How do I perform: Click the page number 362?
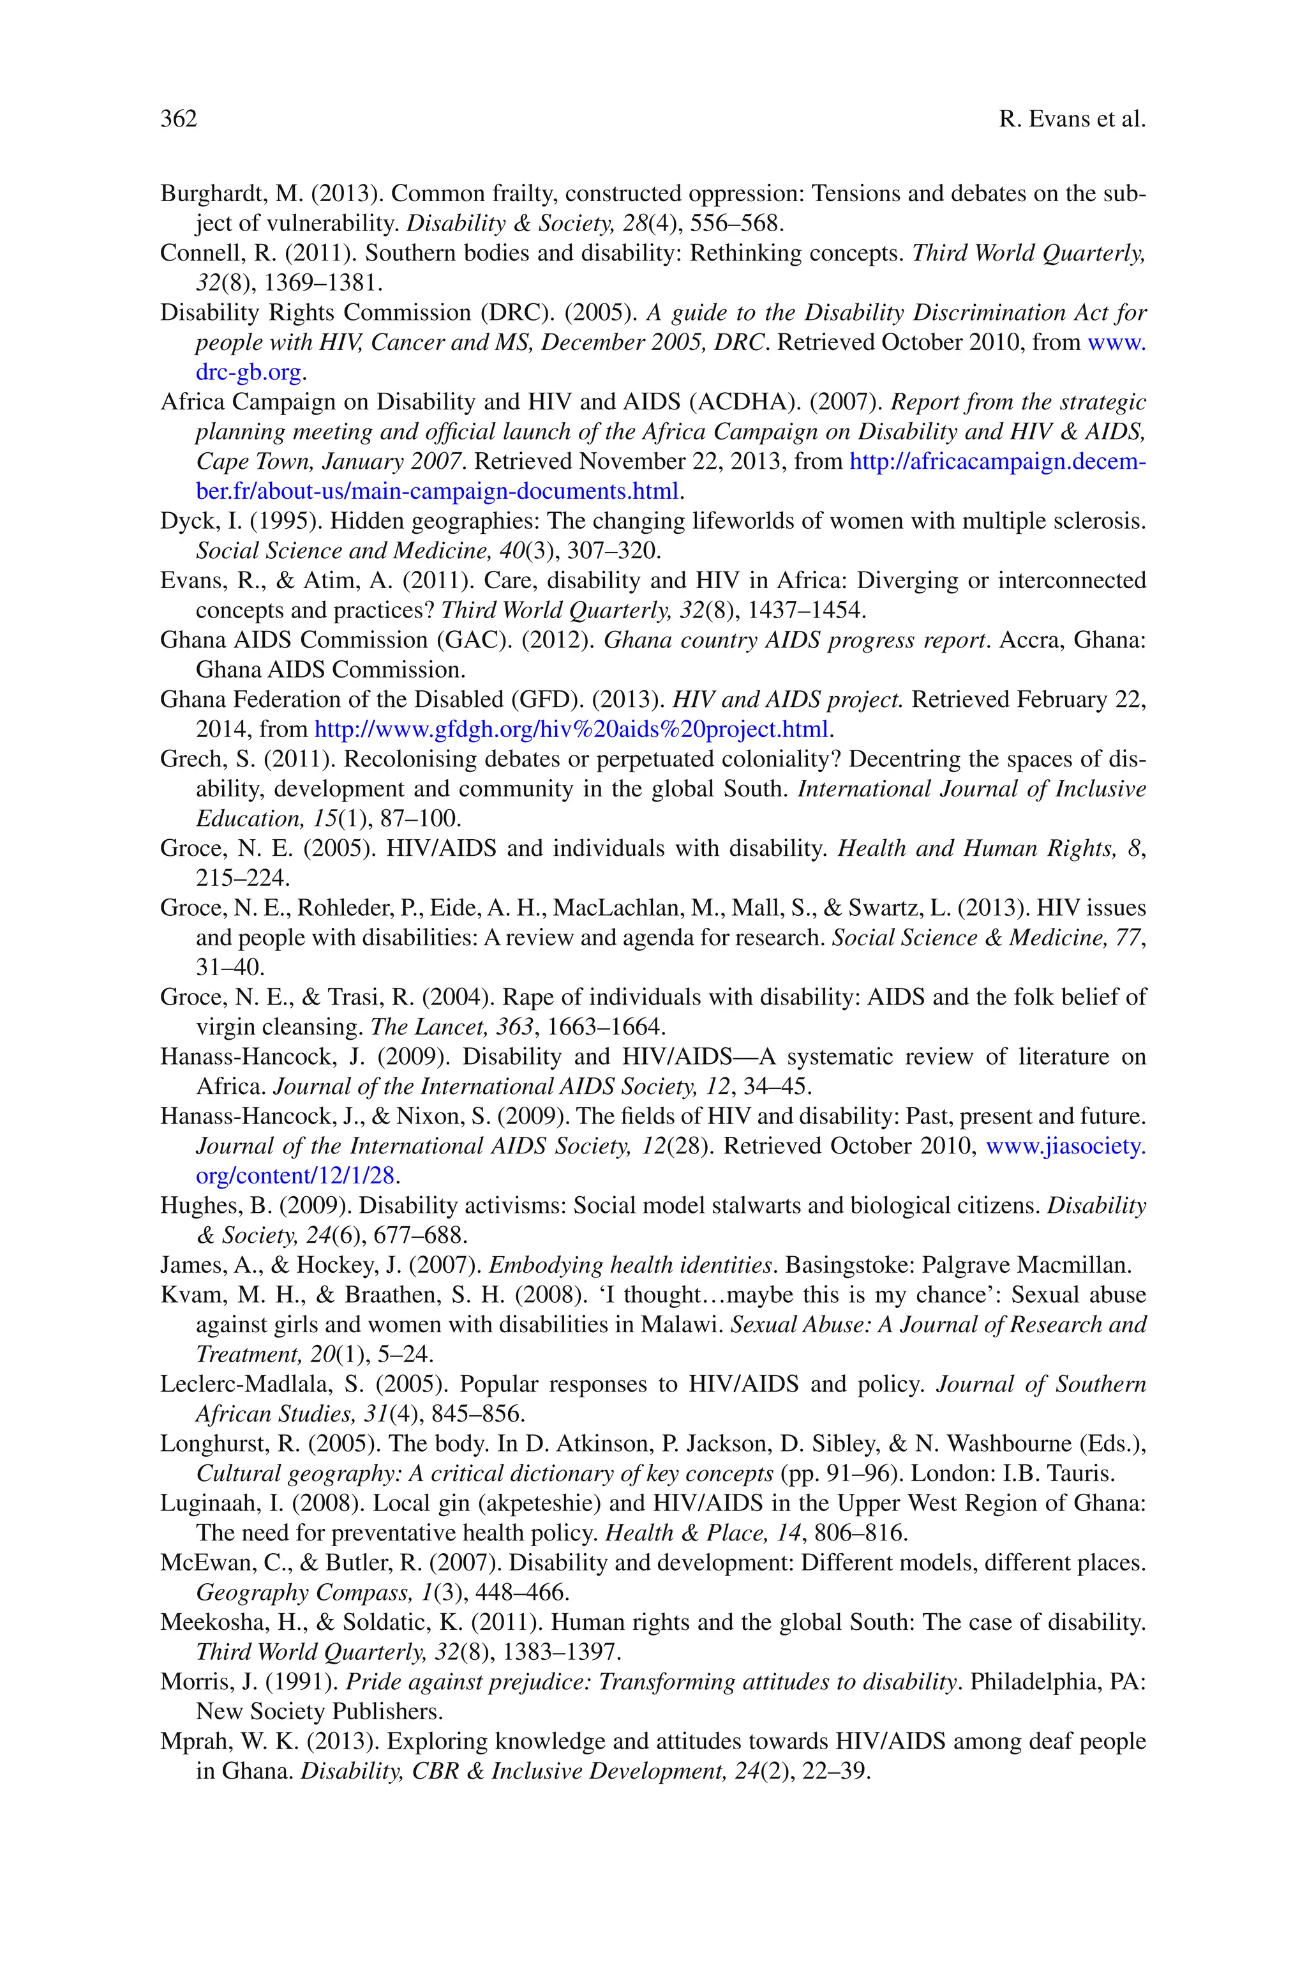[179, 119]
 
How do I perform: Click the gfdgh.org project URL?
[571, 730]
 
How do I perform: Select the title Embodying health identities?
[629, 1265]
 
